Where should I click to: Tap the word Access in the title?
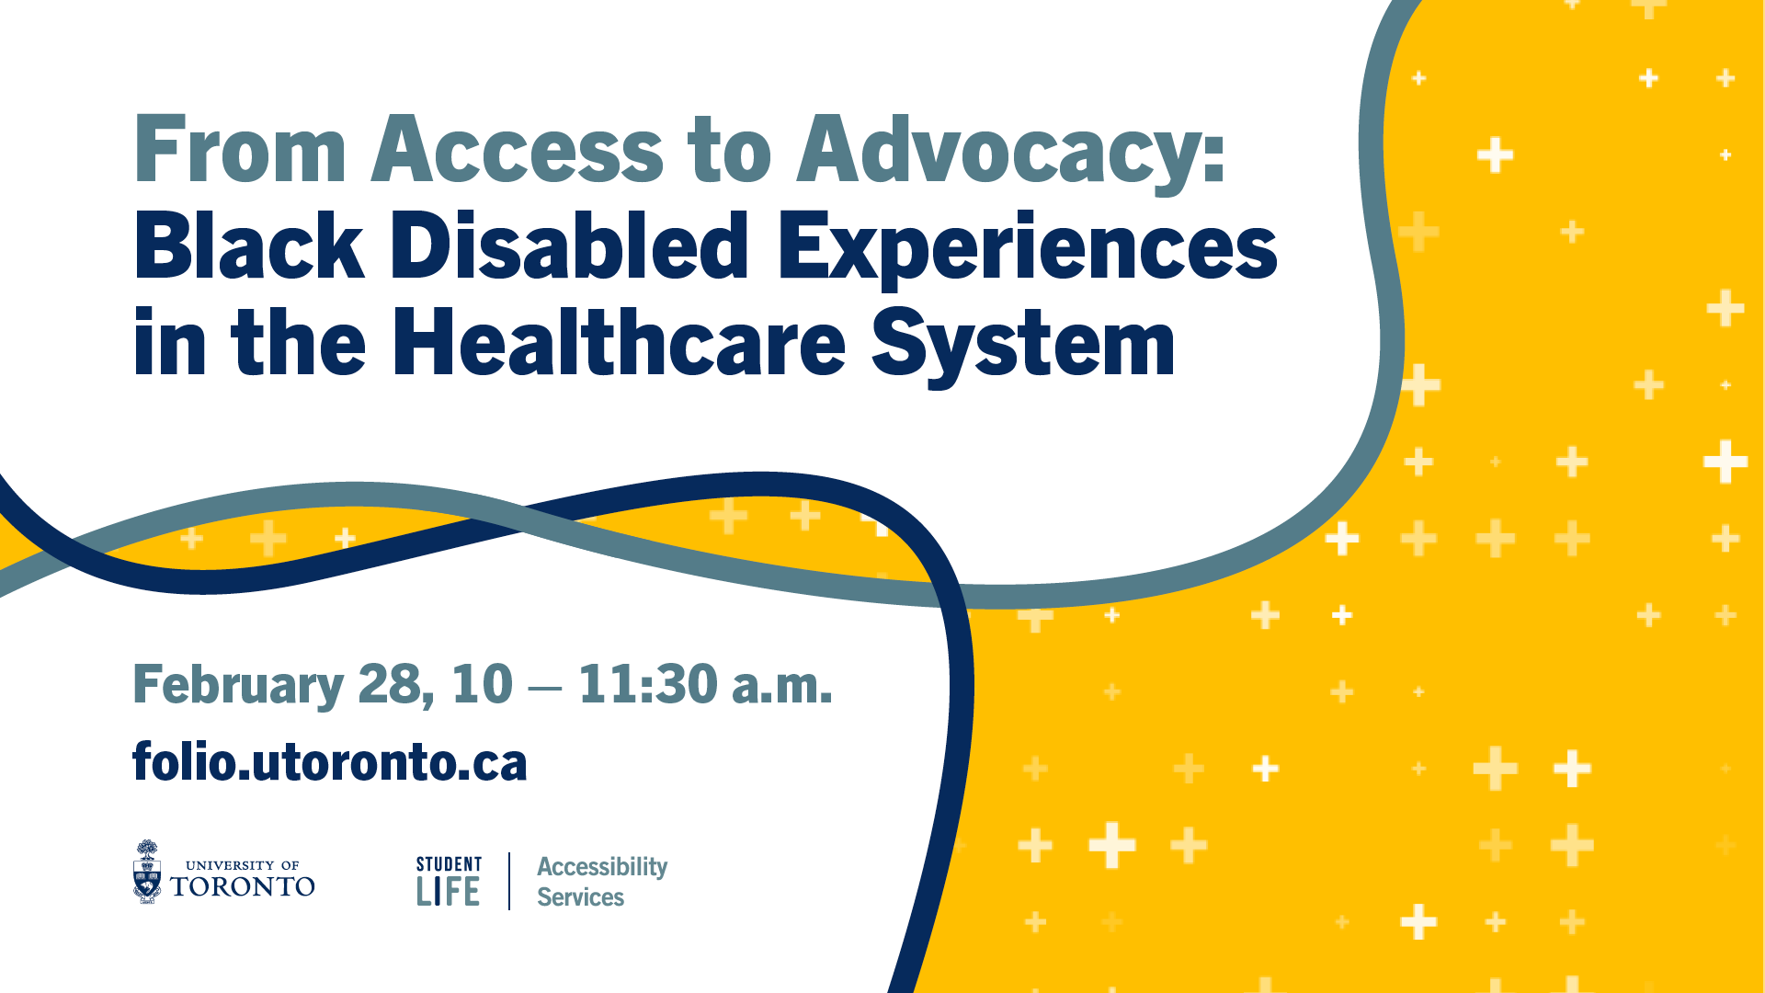pyautogui.click(x=517, y=148)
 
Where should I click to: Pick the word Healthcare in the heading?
pyautogui.click(x=619, y=342)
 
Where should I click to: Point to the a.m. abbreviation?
pyautogui.click(x=781, y=688)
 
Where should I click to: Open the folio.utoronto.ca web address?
pyautogui.click(x=330, y=761)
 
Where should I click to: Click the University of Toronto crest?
pyautogui.click(x=147, y=872)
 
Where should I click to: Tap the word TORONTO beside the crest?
pyautogui.click(x=243, y=886)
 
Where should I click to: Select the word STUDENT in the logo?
pyautogui.click(x=449, y=864)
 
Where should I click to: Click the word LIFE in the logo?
pyautogui.click(x=448, y=892)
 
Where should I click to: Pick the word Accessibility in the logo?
pyautogui.click(x=602, y=868)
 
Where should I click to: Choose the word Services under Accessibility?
pyautogui.click(x=580, y=897)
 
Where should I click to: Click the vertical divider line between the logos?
pyautogui.click(x=509, y=881)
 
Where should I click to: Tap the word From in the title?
pyautogui.click(x=241, y=148)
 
